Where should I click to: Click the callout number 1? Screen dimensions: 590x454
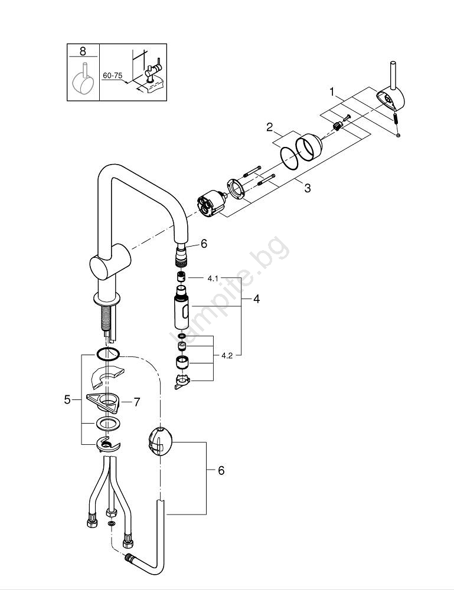point(332,91)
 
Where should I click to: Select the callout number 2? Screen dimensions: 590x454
point(269,127)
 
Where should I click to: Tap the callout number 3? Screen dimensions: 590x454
point(307,188)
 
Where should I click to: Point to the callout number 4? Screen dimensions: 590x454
point(256,299)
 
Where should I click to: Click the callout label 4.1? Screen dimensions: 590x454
point(213,277)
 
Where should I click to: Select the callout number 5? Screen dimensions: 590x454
point(67,399)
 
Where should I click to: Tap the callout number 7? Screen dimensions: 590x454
point(136,402)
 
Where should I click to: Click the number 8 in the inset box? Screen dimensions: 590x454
point(83,51)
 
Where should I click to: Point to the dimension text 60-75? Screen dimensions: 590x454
point(112,76)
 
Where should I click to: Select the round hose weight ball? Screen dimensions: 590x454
point(159,441)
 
